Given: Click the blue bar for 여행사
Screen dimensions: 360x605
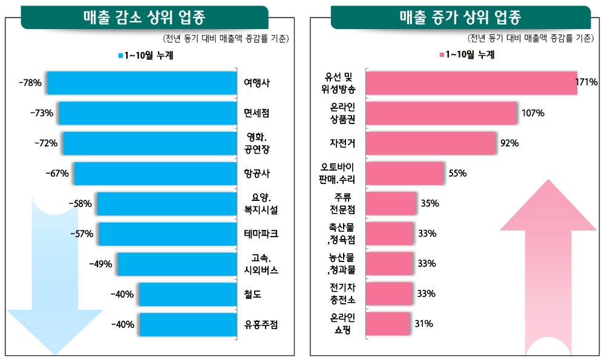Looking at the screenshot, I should point(142,83).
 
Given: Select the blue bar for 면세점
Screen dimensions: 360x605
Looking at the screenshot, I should point(147,113).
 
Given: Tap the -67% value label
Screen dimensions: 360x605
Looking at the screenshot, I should point(57,174).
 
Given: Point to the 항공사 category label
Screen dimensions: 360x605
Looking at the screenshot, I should point(257,174).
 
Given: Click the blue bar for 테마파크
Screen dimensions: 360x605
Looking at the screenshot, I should point(167,234).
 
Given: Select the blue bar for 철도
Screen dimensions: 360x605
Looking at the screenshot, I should point(187,295).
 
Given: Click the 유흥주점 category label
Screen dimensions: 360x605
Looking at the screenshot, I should point(261,324).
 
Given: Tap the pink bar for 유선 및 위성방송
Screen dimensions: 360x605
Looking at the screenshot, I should point(472,83).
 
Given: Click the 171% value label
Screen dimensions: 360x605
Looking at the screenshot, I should point(587,82).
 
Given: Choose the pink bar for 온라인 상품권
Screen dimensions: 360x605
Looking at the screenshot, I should point(442,113).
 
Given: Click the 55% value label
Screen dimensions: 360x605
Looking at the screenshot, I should point(457,174).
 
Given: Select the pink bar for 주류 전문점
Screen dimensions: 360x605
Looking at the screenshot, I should point(392,203).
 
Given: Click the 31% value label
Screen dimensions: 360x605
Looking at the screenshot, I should point(423,324).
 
